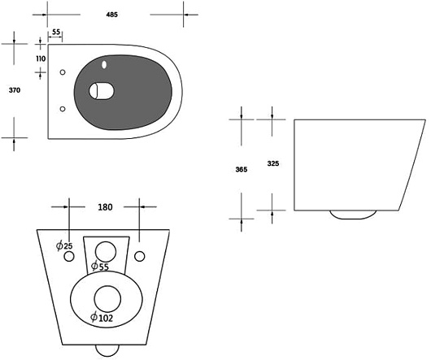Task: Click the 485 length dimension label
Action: click(112, 15)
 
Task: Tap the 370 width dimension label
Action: click(15, 90)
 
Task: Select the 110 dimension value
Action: click(41, 59)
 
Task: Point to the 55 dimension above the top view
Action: click(56, 32)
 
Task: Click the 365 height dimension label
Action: click(242, 169)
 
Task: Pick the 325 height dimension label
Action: click(273, 163)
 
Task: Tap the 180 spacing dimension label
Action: click(105, 207)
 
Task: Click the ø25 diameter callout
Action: click(64, 245)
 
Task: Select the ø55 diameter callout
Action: click(100, 266)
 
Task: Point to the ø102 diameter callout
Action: click(102, 318)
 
